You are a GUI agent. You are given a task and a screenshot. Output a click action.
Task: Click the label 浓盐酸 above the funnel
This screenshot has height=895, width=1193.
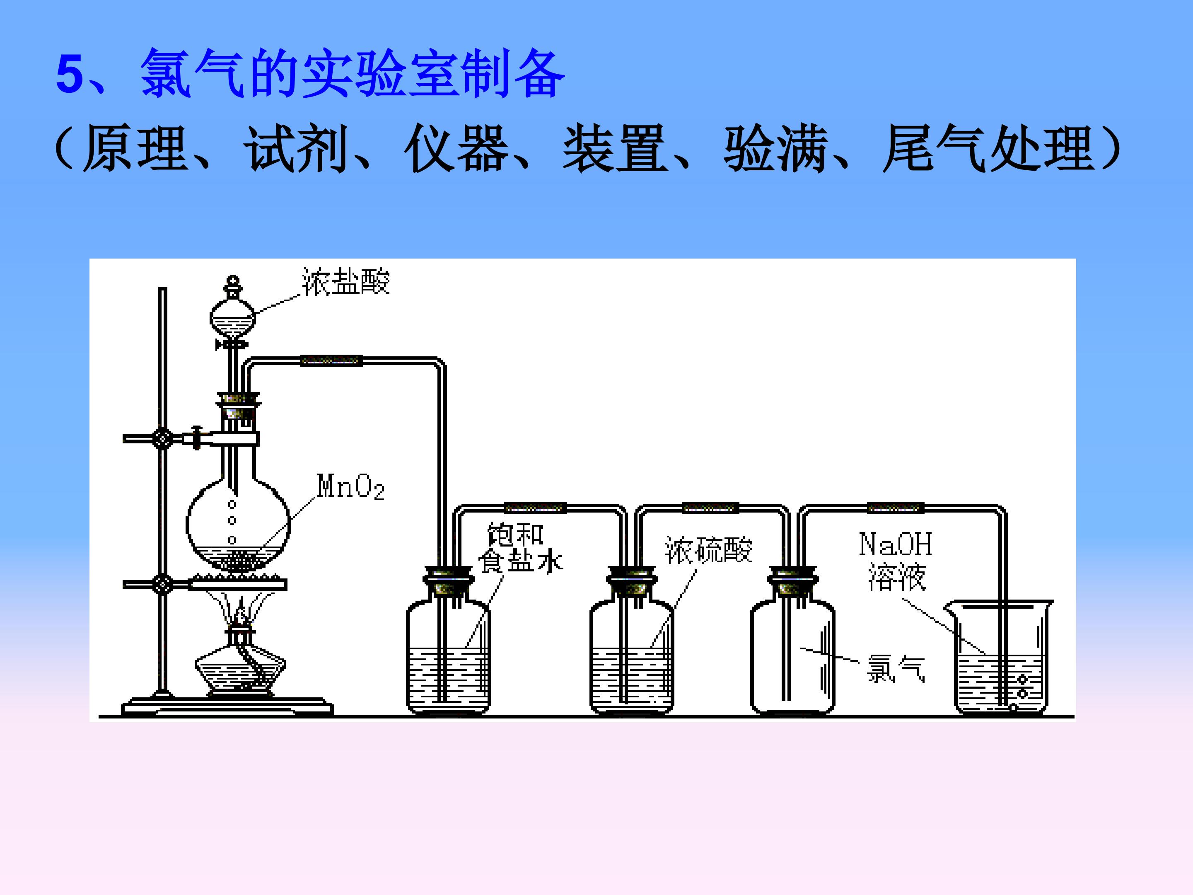346,281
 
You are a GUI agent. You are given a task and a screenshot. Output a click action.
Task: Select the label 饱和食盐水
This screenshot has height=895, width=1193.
520,547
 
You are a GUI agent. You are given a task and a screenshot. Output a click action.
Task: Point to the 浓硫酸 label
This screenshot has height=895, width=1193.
709,550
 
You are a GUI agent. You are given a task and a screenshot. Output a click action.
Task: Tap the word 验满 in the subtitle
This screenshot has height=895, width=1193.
775,148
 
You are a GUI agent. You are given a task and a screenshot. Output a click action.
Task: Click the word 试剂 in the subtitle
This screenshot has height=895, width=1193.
295,148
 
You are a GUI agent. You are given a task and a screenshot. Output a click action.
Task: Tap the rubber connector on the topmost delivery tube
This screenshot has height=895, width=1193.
331,360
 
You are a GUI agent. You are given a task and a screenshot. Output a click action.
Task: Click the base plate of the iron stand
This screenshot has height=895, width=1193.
227,707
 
